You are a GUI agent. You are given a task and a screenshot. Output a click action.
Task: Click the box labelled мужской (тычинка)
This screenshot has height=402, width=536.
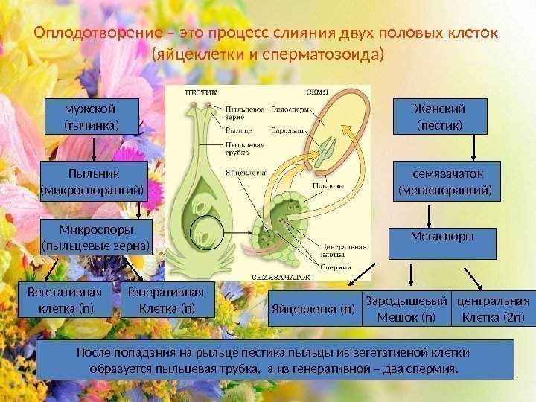[91, 116]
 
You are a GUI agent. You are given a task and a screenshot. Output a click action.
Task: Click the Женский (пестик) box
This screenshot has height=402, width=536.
[438, 116]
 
